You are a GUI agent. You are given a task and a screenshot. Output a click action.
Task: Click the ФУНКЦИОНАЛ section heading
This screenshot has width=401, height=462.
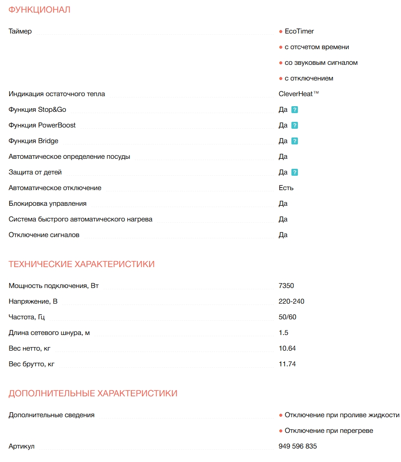[x=40, y=10]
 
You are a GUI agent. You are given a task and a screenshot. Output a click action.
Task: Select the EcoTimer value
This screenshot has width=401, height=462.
[x=299, y=31]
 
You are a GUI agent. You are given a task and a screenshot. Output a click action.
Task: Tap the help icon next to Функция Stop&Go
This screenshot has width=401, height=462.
[x=294, y=110]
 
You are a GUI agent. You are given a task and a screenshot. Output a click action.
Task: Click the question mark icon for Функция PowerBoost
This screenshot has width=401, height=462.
[x=294, y=126]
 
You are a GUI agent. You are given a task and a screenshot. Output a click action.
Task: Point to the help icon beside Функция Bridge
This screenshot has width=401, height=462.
[x=294, y=141]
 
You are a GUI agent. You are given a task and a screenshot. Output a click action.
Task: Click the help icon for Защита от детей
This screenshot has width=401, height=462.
[x=294, y=173]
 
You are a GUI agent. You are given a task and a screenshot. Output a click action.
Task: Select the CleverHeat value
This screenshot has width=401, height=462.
[x=298, y=94]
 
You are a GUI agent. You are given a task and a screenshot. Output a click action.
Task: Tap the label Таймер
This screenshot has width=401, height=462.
[x=20, y=31]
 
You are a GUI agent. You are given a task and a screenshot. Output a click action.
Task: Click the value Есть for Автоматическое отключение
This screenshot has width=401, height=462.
[x=286, y=188]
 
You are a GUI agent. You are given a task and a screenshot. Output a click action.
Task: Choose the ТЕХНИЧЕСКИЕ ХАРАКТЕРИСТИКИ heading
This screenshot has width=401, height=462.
[x=82, y=264]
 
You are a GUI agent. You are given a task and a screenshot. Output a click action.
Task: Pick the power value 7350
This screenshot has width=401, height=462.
[x=286, y=286]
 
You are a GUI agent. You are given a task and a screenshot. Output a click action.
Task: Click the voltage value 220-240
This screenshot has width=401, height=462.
[x=291, y=301]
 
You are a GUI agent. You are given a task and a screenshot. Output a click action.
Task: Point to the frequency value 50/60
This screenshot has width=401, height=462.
[x=287, y=317]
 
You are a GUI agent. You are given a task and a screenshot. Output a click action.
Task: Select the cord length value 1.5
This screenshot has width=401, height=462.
[x=283, y=333]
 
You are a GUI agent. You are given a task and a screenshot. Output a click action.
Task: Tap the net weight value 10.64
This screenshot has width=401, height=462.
[x=287, y=348]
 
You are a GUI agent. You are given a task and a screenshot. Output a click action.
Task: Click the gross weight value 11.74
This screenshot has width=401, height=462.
[x=287, y=364]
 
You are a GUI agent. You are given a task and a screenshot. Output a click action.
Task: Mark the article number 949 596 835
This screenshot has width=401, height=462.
[x=297, y=446]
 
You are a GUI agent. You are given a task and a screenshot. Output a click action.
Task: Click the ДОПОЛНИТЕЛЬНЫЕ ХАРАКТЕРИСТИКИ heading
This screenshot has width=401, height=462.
[x=93, y=393]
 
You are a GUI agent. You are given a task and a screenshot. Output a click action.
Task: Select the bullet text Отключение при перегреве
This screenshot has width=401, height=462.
[x=329, y=431]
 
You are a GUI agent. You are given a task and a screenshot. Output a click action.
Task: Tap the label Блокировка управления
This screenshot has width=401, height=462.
[x=47, y=204]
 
